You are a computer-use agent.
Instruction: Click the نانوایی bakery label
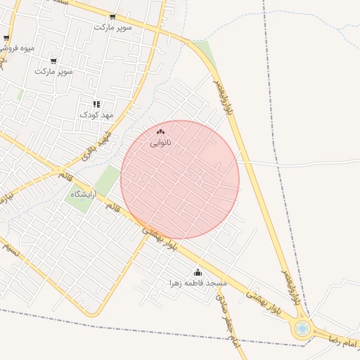click(x=160, y=143)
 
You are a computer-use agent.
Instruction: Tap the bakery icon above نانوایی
click(x=160, y=131)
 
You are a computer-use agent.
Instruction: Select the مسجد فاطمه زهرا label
click(x=198, y=283)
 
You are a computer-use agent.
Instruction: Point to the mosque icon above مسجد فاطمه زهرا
click(x=198, y=272)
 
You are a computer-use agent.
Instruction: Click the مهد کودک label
click(x=96, y=114)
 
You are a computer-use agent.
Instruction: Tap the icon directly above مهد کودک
click(x=96, y=104)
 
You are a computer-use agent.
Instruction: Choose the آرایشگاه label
click(x=83, y=193)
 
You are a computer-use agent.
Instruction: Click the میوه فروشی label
click(x=17, y=49)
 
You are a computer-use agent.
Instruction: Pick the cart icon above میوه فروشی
click(x=6, y=39)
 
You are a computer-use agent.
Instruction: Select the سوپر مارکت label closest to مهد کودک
click(x=54, y=71)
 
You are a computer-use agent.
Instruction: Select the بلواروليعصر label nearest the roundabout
click(x=293, y=284)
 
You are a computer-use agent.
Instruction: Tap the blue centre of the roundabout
click(x=303, y=328)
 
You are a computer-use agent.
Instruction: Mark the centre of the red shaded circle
click(x=180, y=179)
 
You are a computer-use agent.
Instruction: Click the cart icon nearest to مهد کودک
click(x=53, y=60)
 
